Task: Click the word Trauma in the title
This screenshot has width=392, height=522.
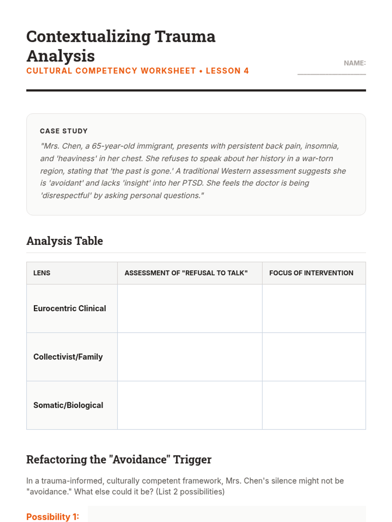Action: [x=185, y=37]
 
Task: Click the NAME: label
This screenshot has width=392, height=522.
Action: [x=354, y=63]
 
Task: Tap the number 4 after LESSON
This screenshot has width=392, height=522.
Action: [x=246, y=71]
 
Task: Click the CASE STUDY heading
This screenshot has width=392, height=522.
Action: [x=64, y=131]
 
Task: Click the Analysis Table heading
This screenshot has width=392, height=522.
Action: [x=65, y=241]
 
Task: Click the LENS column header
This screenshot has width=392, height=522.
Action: [x=42, y=273]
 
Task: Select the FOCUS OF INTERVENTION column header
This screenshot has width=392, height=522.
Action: [x=311, y=273]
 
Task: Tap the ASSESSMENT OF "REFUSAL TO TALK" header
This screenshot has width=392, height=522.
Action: [x=186, y=273]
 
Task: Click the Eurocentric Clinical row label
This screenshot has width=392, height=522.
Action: [x=70, y=308]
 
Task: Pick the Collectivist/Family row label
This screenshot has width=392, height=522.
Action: [x=68, y=357]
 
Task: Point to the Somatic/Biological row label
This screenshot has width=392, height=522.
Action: [x=68, y=405]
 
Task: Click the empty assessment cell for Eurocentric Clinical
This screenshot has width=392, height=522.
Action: [x=190, y=308]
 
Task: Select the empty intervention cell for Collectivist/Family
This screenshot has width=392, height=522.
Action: [x=314, y=357]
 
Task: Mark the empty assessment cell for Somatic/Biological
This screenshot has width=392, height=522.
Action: [x=190, y=405]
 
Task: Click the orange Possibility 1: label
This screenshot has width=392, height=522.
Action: [x=53, y=517]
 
